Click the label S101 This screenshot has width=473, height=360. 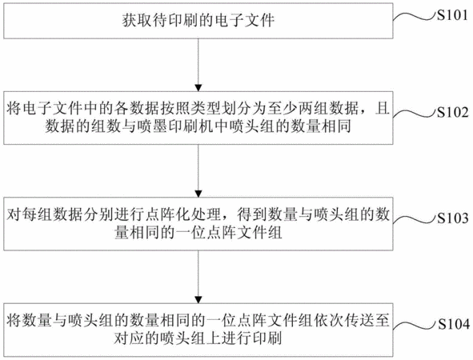(x=452, y=15)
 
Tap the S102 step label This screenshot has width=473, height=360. (x=453, y=112)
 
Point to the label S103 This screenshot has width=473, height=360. (x=453, y=218)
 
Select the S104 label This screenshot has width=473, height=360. (x=454, y=324)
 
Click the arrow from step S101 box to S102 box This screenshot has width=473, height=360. (x=198, y=65)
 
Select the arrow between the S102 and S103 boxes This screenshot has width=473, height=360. (x=198, y=170)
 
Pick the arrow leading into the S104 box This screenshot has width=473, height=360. (x=198, y=277)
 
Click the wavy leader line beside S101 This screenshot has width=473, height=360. (x=415, y=17)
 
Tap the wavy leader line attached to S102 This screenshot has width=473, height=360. (x=415, y=114)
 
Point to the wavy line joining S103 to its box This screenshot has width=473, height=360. (x=415, y=219)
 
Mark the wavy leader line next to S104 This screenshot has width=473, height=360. (x=415, y=326)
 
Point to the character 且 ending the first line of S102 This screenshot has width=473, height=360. (x=383, y=109)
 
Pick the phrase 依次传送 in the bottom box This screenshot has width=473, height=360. (x=344, y=321)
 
